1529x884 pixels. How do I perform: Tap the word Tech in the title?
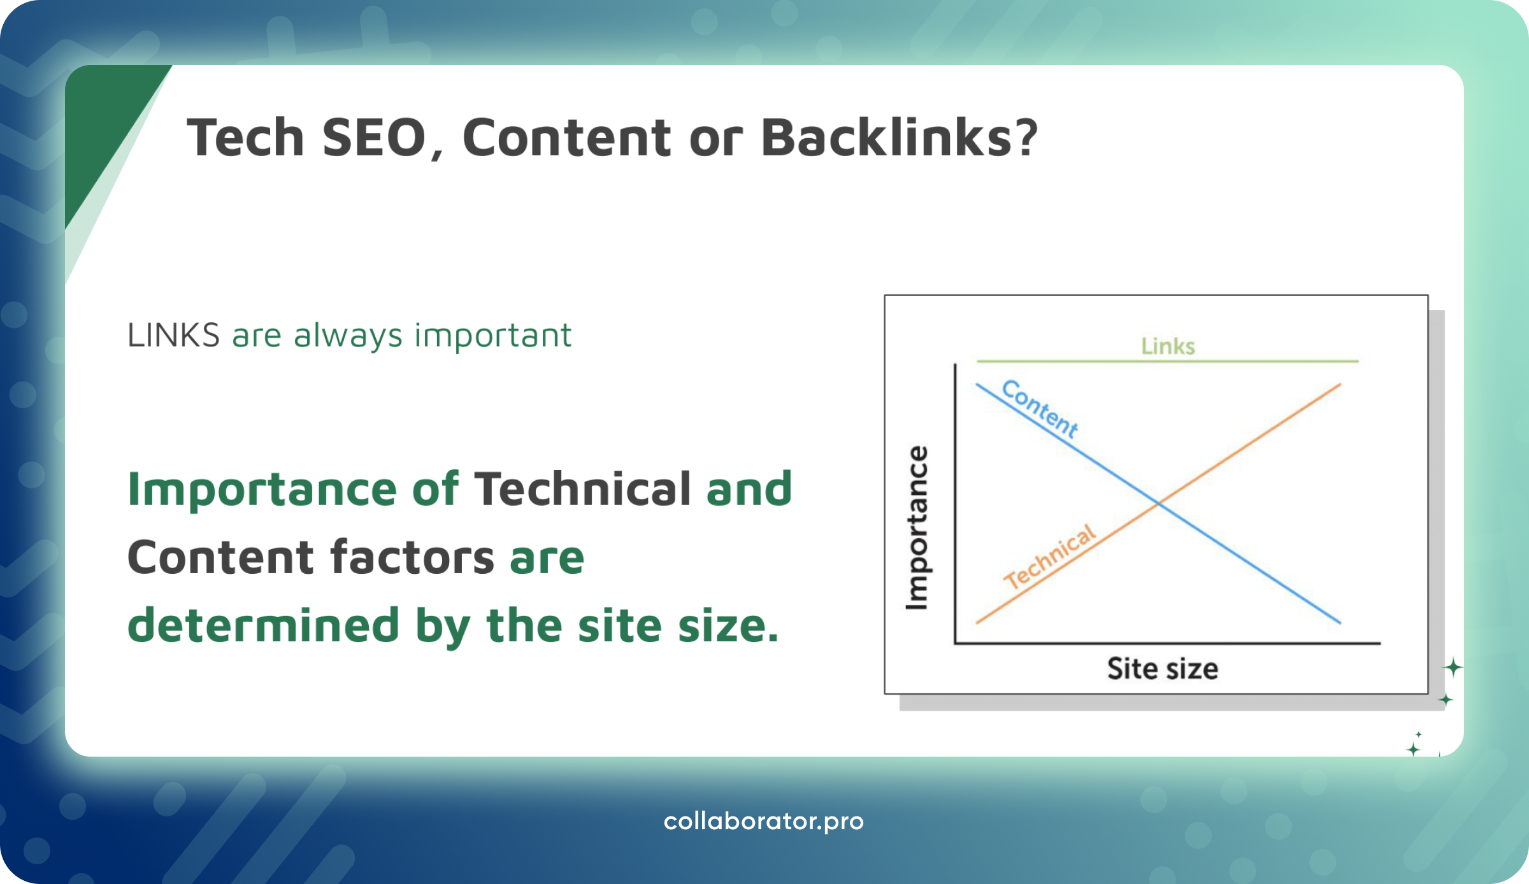tap(245, 138)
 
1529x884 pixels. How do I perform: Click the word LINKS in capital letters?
tap(173, 336)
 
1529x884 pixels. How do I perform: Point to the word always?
tap(348, 336)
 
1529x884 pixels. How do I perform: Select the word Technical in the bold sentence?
tap(582, 489)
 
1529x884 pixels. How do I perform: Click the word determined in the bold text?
tap(263, 625)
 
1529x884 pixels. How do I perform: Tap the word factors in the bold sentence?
tap(412, 557)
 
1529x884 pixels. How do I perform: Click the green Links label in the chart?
tap(1168, 346)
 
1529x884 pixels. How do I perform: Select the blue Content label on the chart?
tap(1040, 408)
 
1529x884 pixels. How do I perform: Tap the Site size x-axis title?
tap(1163, 669)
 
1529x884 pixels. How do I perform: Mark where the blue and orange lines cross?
tap(1158, 504)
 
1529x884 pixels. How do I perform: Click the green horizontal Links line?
tap(1083, 361)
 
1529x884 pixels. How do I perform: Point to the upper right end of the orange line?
tap(1339, 385)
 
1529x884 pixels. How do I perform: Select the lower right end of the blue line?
tap(1339, 622)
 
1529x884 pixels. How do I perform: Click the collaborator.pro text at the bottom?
tap(763, 822)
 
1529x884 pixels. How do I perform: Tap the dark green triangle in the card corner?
tap(102, 127)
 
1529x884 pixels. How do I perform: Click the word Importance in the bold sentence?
tap(262, 489)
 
